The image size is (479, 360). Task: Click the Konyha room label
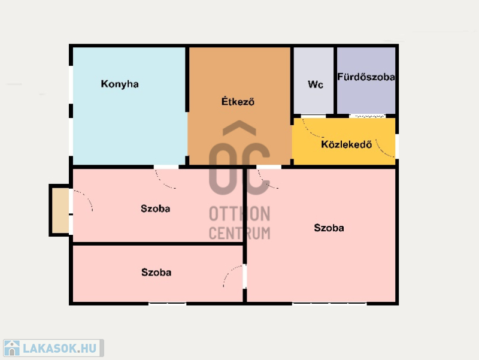click(120, 84)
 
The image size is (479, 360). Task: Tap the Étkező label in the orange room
click(238, 101)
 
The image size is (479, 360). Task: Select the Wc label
click(316, 84)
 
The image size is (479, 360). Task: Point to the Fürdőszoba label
click(366, 77)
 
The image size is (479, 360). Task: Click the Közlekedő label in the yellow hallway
click(347, 144)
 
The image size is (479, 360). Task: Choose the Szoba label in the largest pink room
click(329, 228)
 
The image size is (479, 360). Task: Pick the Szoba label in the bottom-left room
click(156, 272)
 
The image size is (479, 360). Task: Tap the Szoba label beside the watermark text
click(155, 208)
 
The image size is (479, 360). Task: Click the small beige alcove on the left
click(60, 210)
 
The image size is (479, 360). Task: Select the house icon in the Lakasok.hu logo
click(12, 348)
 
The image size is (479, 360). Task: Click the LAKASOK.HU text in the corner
click(59, 349)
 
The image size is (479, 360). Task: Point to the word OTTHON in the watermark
click(239, 213)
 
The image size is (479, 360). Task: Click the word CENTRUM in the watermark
click(239, 233)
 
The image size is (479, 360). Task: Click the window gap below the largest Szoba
click(329, 304)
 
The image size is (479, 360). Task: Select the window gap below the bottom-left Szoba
click(168, 304)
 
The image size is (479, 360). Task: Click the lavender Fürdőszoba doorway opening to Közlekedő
click(367, 116)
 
